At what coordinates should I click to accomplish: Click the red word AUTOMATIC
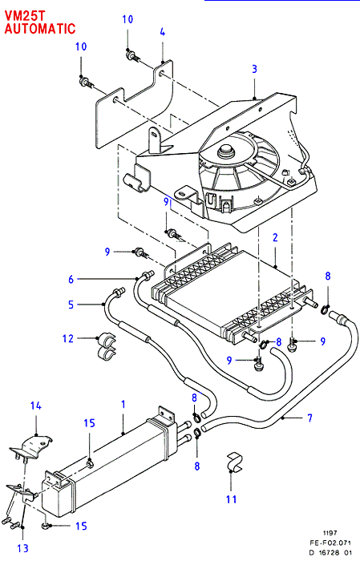pos(40,28)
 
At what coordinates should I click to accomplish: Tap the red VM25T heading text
pos(25,15)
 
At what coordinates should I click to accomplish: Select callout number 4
pos(163,32)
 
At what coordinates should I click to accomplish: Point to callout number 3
pos(254,69)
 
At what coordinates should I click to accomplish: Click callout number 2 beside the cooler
pos(275,237)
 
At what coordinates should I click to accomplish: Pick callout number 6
pos(71,279)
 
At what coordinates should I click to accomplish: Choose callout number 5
pos(71,305)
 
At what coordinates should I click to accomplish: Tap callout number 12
pos(67,338)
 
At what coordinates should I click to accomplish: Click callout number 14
pos(35,406)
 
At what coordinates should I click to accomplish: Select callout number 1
pos(123,404)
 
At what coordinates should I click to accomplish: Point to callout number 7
pos(310,418)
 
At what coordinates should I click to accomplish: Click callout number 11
pos(232,499)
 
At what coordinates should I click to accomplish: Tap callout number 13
pos(22,547)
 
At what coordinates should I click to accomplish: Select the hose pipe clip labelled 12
pos(107,345)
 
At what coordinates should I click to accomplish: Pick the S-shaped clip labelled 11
pos(234,462)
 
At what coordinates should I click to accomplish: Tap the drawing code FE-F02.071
pos(330,543)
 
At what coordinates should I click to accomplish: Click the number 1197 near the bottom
pos(330,533)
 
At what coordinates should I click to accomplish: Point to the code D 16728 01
pos(330,552)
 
